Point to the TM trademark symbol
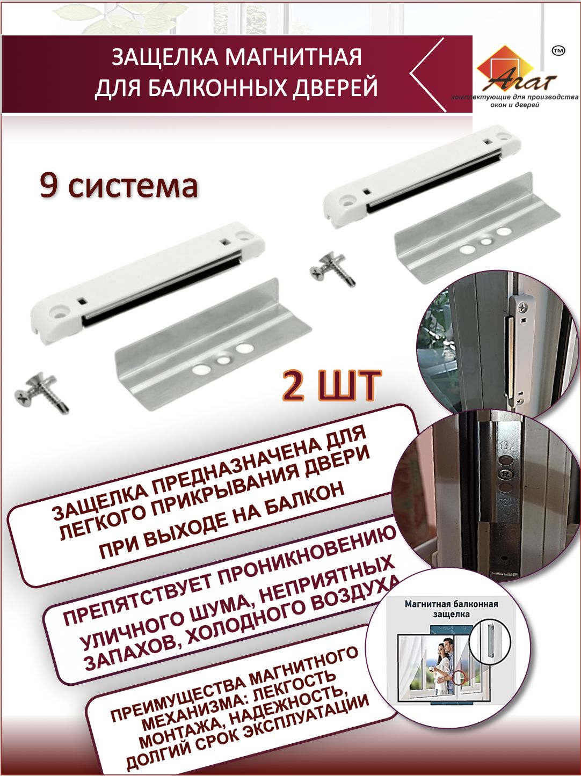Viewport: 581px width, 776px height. point(558,51)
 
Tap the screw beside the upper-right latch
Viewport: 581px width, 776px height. point(332,269)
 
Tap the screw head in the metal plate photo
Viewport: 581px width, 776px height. point(504,474)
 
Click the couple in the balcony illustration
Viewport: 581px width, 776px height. point(445,667)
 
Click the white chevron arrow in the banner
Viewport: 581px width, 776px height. point(427,74)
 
